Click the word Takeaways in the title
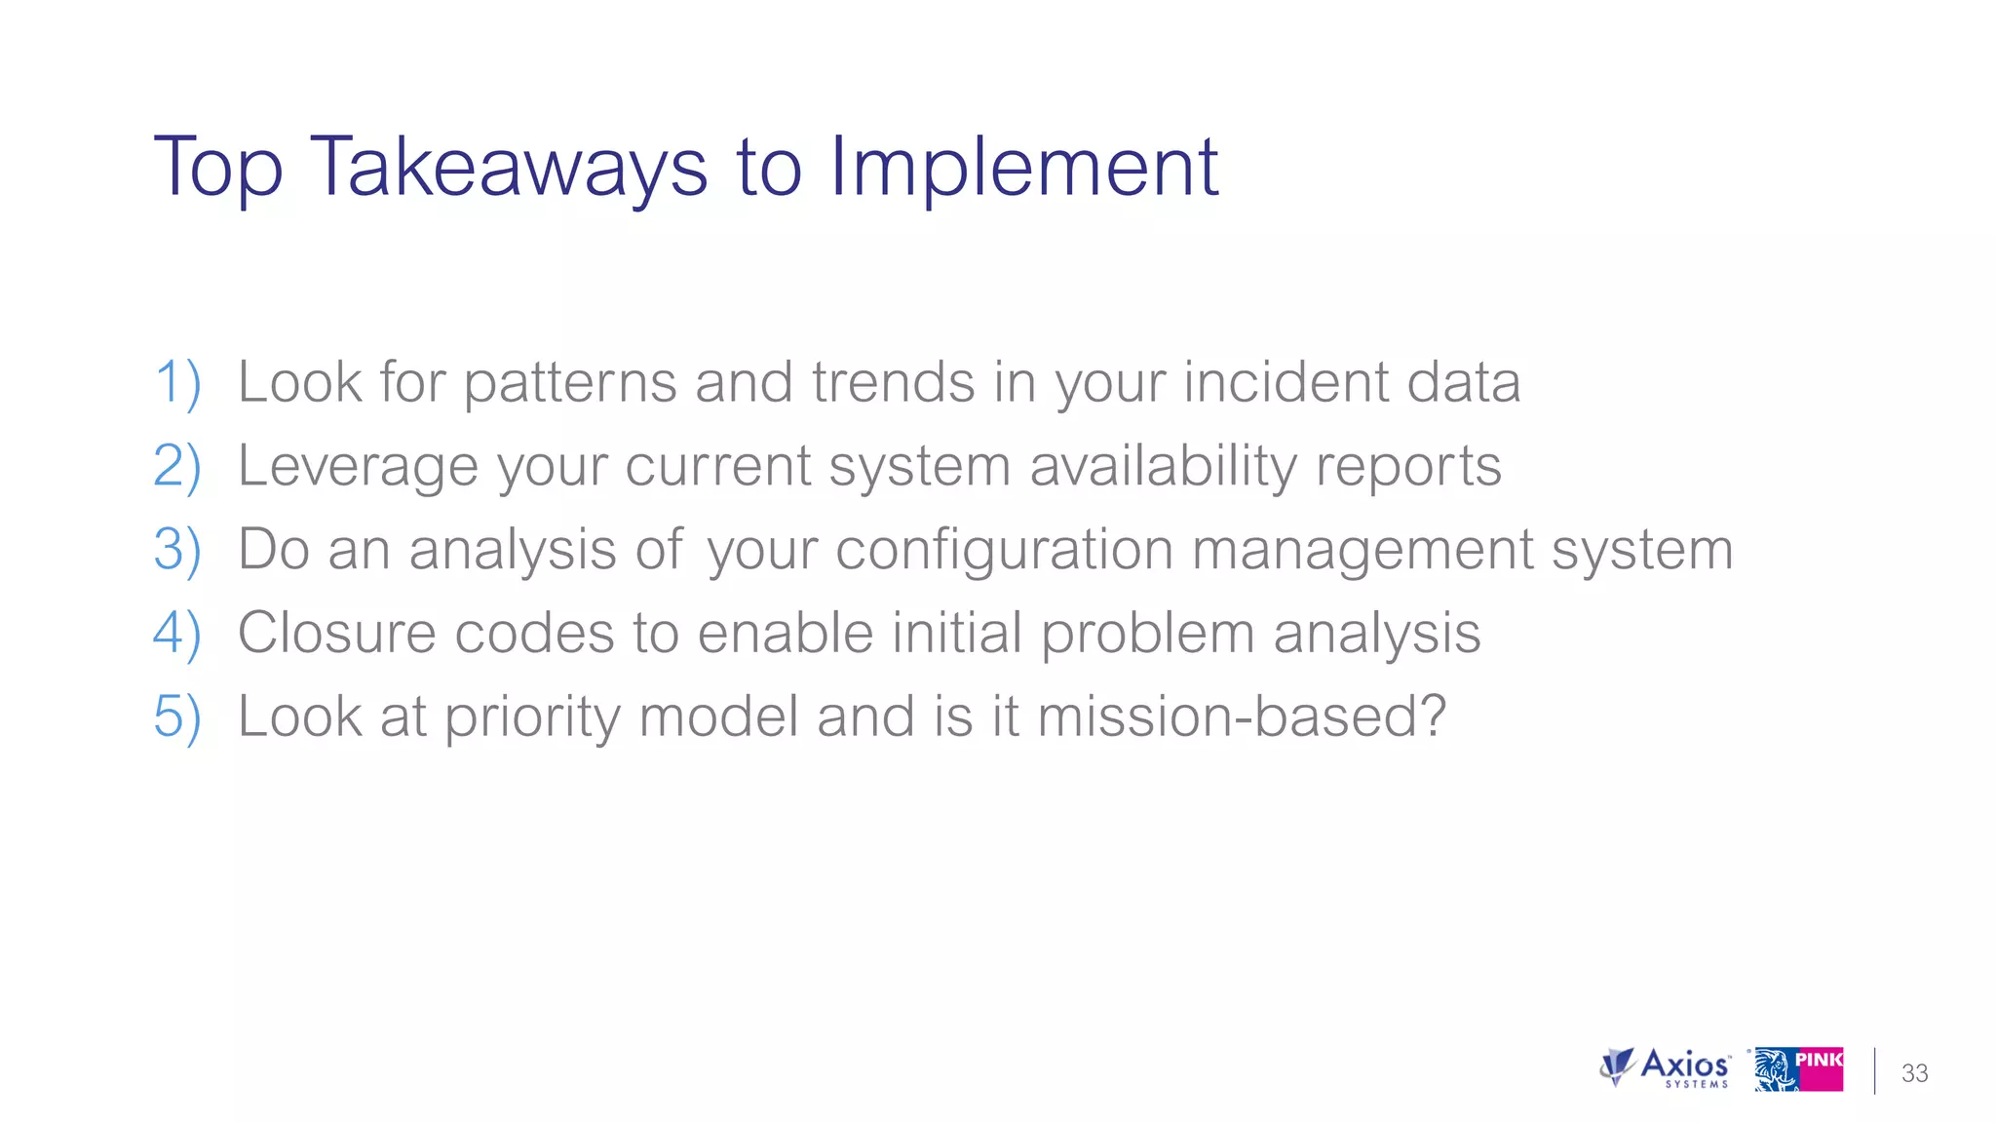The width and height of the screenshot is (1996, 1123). click(x=508, y=168)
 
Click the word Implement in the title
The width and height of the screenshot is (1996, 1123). click(x=1023, y=168)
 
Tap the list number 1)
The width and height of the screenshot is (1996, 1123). click(x=177, y=382)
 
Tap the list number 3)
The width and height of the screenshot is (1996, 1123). click(x=177, y=550)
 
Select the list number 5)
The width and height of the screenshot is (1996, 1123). click(x=177, y=717)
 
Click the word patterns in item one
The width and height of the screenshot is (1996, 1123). click(x=569, y=382)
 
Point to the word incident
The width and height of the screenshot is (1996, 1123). click(x=1286, y=382)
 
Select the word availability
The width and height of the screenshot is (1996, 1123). click(x=1164, y=466)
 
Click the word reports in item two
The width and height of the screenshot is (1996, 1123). click(x=1408, y=466)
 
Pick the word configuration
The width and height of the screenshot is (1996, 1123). click(x=1004, y=550)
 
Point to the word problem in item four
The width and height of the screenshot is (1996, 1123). click(x=1147, y=634)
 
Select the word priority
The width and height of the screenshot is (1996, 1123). click(x=531, y=717)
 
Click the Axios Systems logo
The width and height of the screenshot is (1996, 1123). click(x=1666, y=1068)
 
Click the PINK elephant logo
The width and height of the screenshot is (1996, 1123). click(x=1799, y=1069)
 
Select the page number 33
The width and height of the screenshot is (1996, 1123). click(x=1914, y=1073)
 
